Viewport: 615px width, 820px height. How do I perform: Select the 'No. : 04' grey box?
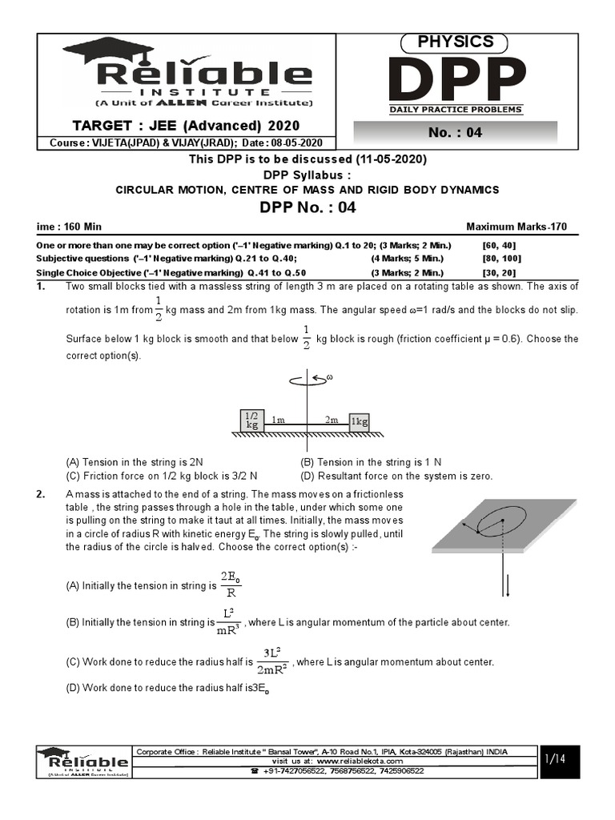[455, 133]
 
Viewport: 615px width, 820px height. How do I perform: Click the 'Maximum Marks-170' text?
[517, 227]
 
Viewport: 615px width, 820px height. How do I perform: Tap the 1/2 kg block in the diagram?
[253, 420]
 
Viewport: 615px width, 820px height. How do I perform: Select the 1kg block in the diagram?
[360, 421]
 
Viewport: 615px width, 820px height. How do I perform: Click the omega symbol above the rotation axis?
[328, 376]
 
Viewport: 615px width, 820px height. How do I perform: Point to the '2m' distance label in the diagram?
[331, 419]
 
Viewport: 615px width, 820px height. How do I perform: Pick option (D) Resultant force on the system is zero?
[396, 475]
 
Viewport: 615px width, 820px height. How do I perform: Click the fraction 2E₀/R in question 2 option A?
[231, 585]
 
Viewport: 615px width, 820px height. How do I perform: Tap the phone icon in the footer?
[255, 770]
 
